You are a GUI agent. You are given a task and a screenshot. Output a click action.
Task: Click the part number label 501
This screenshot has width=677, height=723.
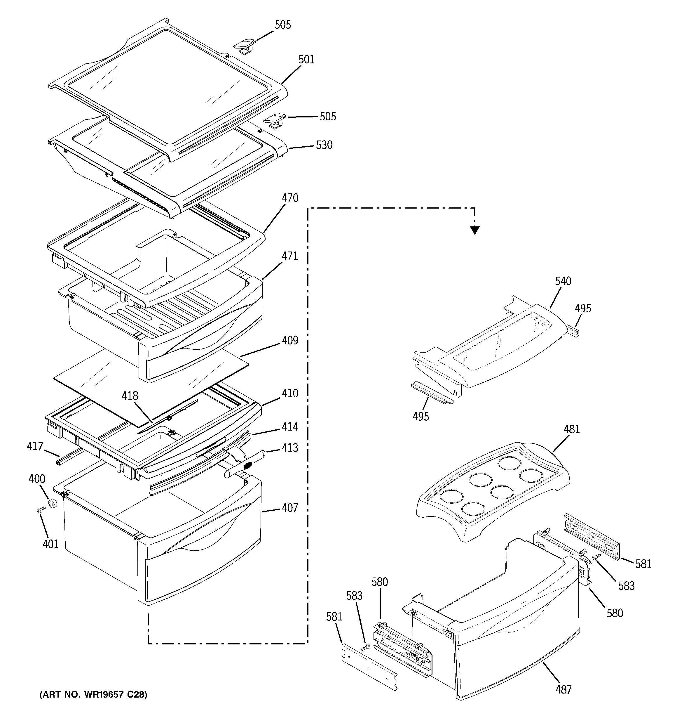coord(306,60)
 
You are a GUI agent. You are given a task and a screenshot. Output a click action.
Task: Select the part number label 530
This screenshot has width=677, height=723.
coord(324,145)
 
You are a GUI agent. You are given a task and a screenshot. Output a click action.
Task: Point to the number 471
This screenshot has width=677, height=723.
coord(290,256)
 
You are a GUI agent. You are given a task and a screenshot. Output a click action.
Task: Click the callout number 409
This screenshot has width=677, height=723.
coord(290,340)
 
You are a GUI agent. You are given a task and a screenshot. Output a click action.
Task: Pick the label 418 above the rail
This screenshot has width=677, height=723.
coord(130,396)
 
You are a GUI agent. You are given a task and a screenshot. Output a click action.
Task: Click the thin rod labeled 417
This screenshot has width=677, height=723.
coord(67,457)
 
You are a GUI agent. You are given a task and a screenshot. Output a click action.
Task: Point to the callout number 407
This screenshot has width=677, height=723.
coord(290,508)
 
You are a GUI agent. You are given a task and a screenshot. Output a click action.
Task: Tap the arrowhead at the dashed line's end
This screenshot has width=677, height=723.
coord(474,230)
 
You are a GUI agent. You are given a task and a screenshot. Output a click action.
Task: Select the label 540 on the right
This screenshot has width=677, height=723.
coord(563,281)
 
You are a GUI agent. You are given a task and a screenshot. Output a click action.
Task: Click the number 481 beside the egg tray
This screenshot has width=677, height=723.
coord(572,429)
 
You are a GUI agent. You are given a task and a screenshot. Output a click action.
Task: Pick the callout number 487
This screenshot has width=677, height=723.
coord(563,689)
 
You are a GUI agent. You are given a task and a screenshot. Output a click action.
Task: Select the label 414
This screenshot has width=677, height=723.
coord(290,426)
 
